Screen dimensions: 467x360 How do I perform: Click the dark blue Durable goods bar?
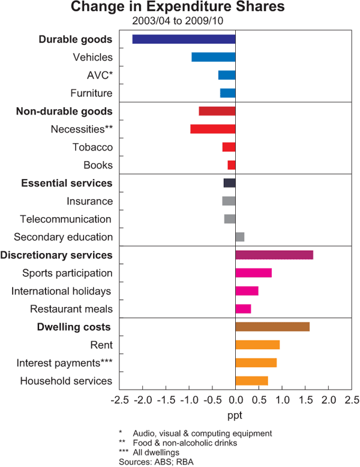[x=184, y=40]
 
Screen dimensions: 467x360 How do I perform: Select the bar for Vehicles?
[x=213, y=58]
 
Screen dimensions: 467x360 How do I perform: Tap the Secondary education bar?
[x=240, y=237]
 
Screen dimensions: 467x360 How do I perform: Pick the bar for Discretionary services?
[x=274, y=255]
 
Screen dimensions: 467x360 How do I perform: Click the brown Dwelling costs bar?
[x=272, y=327]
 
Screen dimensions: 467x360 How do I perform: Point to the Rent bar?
[x=257, y=345]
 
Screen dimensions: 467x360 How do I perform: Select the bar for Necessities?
[x=212, y=129]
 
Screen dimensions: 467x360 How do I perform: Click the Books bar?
[x=232, y=165]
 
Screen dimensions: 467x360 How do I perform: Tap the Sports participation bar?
[x=254, y=273]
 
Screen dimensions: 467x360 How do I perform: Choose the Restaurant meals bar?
[x=243, y=309]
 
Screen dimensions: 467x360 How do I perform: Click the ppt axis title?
[x=236, y=414]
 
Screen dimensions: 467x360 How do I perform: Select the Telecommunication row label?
[x=65, y=219]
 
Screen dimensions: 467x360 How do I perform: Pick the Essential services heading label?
[x=67, y=183]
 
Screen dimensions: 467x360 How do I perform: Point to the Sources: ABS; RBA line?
[x=152, y=461]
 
